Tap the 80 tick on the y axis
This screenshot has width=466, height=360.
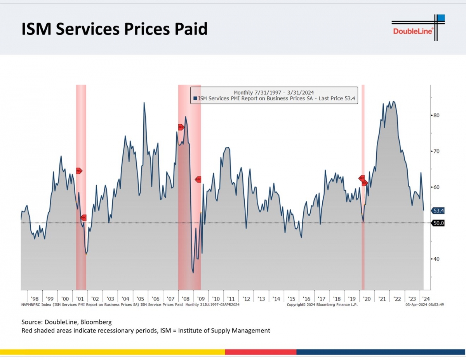pos(436,115)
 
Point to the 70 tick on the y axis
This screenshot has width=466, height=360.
pos(436,151)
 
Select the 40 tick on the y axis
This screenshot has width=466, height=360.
pos(436,259)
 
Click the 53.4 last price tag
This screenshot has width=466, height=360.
pos(438,210)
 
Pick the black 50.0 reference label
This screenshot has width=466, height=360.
pos(438,223)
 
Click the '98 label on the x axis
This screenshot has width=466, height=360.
pos(35,299)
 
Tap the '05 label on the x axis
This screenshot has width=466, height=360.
pos(140,299)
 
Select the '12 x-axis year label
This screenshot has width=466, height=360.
pos(246,299)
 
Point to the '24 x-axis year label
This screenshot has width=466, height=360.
pos(426,299)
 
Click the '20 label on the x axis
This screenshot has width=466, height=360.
pos(367,299)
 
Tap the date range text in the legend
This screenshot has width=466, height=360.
pos(274,92)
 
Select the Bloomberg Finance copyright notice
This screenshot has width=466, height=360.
pos(322,305)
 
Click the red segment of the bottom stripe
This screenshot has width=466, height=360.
pos(261,352)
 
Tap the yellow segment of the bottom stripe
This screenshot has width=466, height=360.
pos(113,352)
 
